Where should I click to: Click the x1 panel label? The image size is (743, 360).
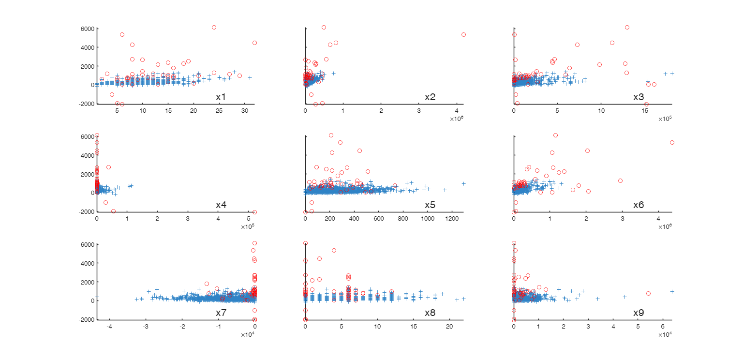(x=221, y=97)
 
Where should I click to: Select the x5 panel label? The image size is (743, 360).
(x=430, y=205)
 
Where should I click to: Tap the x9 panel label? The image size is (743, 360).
(x=639, y=313)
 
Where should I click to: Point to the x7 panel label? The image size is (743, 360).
(x=221, y=313)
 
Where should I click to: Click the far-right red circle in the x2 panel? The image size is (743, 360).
(x=463, y=34)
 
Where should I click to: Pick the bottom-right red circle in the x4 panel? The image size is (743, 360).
(x=254, y=212)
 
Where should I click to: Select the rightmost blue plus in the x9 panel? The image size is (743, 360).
(x=672, y=291)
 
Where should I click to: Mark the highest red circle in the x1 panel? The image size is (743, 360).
(x=214, y=27)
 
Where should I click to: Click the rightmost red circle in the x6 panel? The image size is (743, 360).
(x=672, y=142)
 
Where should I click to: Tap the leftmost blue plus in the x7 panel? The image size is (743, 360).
(x=97, y=297)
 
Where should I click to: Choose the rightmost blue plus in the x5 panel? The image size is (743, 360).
(x=463, y=183)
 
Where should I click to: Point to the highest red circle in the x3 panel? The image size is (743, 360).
(x=627, y=27)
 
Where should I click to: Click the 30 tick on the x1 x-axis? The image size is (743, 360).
(x=244, y=111)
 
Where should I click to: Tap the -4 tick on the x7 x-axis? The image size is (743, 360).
(x=109, y=327)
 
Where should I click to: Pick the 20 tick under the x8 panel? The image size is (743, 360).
(x=449, y=327)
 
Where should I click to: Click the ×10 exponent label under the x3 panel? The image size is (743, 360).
(x=665, y=119)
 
